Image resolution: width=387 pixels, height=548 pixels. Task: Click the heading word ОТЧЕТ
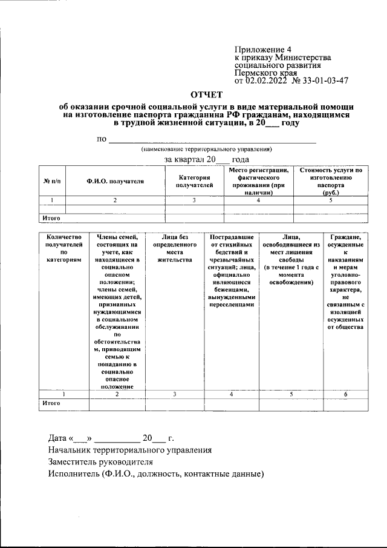click(207, 94)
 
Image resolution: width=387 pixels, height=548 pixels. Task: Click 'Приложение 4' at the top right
click(259, 50)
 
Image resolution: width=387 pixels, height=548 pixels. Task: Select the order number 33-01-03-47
click(320, 80)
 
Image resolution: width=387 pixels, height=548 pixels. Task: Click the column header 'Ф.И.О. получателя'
click(115, 181)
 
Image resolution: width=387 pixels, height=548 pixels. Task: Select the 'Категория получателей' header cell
click(194, 181)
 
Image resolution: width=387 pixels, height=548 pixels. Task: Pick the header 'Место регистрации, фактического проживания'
click(259, 181)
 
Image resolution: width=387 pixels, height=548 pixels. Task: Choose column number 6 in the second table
click(345, 394)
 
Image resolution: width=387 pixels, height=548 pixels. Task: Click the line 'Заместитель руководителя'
click(102, 462)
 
